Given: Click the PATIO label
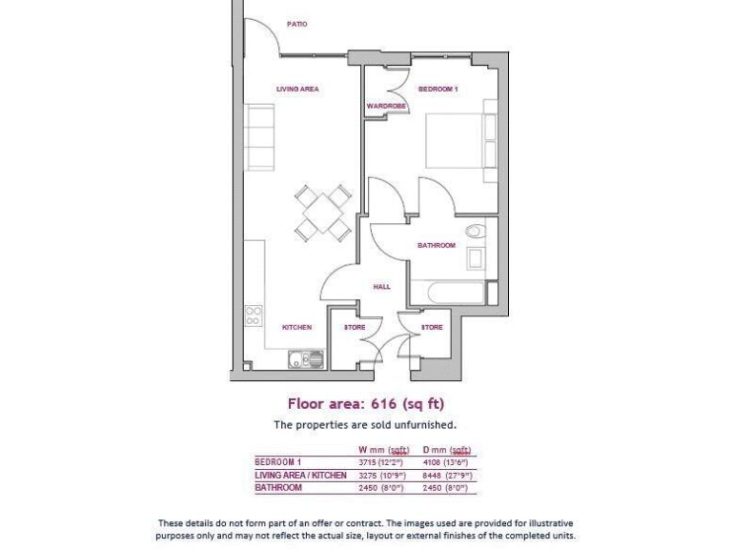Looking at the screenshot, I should (297, 24).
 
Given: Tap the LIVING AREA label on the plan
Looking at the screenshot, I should (297, 89).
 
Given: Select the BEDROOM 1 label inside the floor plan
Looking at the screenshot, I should (438, 89).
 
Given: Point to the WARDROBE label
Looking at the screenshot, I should (386, 106).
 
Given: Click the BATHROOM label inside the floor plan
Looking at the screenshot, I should (437, 245).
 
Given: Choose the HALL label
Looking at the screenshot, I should (381, 286).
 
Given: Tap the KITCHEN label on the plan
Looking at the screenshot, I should (296, 327).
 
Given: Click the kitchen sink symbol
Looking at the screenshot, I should (307, 358).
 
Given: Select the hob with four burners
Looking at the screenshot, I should (254, 315).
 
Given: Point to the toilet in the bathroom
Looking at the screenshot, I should (475, 231).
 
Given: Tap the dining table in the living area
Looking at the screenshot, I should (322, 212).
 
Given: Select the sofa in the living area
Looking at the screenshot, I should (259, 135).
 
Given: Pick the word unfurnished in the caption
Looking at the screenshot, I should (423, 424).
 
